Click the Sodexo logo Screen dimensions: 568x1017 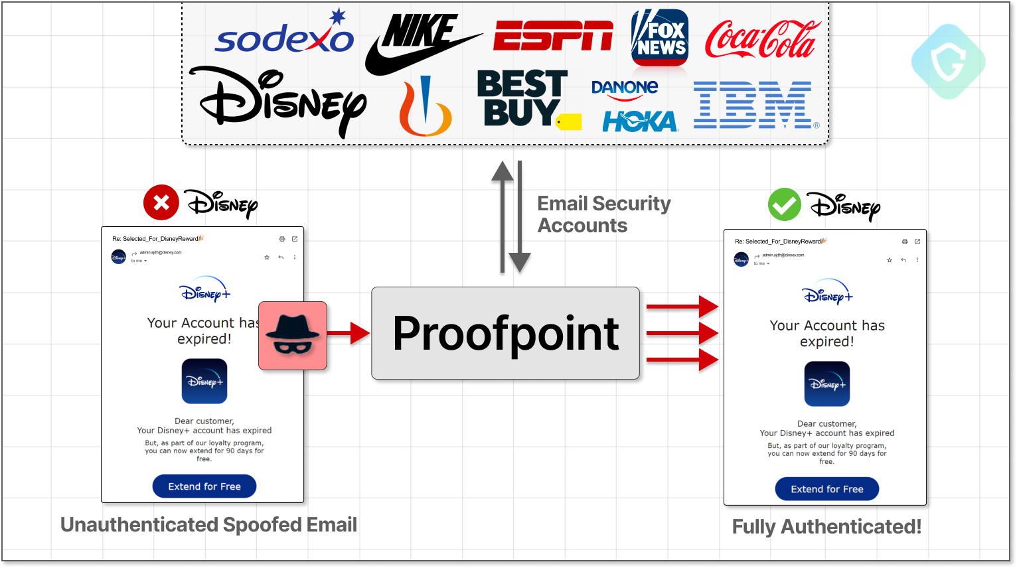click(284, 38)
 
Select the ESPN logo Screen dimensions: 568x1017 click(553, 36)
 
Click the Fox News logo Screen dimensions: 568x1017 click(659, 38)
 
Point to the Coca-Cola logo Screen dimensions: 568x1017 click(763, 39)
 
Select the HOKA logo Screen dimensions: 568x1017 click(640, 121)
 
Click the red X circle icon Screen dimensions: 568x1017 click(161, 202)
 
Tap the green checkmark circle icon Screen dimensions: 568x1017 click(785, 204)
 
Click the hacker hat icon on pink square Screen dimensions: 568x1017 click(293, 335)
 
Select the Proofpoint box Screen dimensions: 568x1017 click(505, 333)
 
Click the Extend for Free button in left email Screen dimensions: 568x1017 click(204, 486)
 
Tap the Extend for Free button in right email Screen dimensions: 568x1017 click(827, 489)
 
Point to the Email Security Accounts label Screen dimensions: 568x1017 click(603, 214)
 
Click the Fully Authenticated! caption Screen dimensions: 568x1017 click(826, 526)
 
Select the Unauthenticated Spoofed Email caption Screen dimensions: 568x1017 click(208, 525)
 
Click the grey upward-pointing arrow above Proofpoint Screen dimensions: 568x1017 click(503, 216)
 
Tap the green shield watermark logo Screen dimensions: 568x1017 click(948, 62)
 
